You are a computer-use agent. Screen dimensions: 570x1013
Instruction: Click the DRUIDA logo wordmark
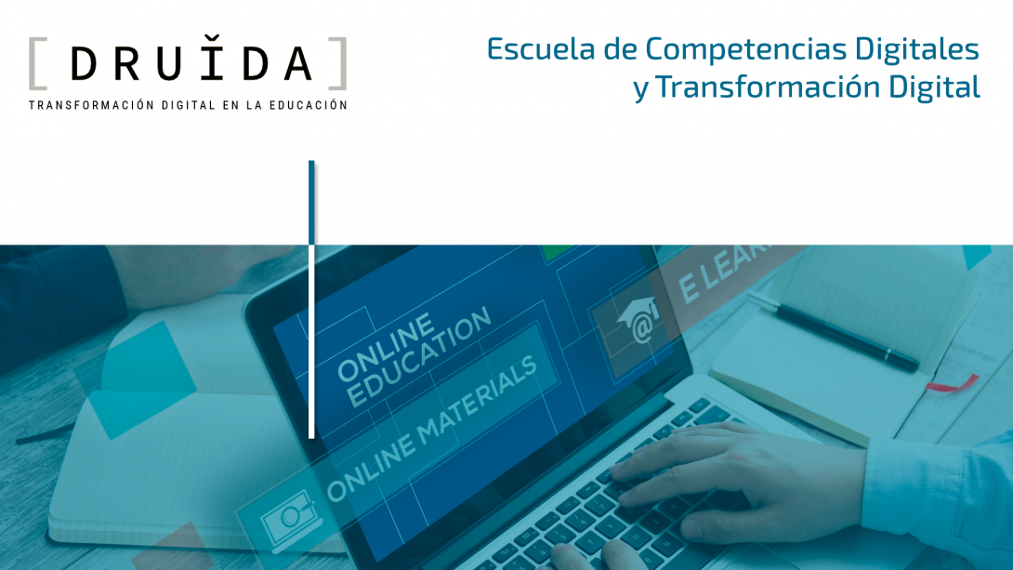tap(191, 63)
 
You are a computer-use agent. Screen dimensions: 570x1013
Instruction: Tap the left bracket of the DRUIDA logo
tap(36, 63)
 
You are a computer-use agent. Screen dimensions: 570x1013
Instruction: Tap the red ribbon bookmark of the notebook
tap(954, 382)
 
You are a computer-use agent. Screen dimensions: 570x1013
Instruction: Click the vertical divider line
tap(311, 298)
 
